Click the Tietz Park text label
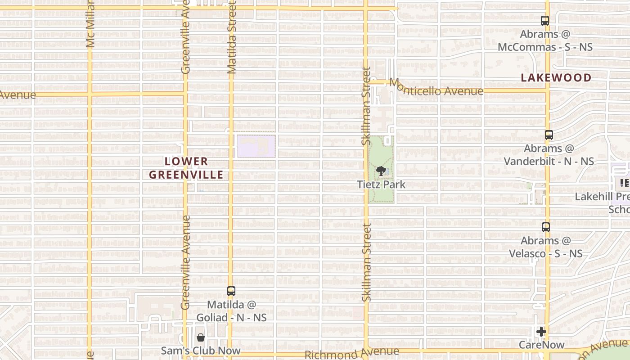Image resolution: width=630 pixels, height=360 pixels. (x=381, y=184)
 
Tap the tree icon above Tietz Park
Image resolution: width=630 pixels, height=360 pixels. (x=381, y=171)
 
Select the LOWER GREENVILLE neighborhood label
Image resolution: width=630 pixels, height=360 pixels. (x=186, y=168)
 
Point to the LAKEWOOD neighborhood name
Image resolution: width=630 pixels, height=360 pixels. (x=556, y=78)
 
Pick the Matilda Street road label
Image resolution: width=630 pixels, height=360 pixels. (x=232, y=37)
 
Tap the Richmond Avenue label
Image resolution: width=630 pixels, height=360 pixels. (x=351, y=353)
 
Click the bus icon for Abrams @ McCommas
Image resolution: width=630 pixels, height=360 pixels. (x=545, y=21)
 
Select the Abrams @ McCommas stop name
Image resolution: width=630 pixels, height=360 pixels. (x=545, y=40)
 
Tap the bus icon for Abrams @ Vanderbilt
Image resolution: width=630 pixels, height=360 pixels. (x=549, y=135)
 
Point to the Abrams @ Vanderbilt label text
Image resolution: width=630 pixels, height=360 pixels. (x=549, y=155)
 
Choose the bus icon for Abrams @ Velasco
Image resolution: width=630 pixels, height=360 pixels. (x=546, y=227)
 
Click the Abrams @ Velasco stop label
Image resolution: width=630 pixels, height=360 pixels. (x=546, y=247)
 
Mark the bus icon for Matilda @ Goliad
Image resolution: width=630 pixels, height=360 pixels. (x=231, y=291)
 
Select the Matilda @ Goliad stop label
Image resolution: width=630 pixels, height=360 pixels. (x=231, y=311)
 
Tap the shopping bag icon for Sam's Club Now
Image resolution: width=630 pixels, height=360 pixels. (x=201, y=337)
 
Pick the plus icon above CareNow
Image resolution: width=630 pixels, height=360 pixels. (x=541, y=332)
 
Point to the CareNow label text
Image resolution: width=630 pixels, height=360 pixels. (x=541, y=345)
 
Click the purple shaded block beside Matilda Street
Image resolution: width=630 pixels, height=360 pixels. (x=256, y=146)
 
